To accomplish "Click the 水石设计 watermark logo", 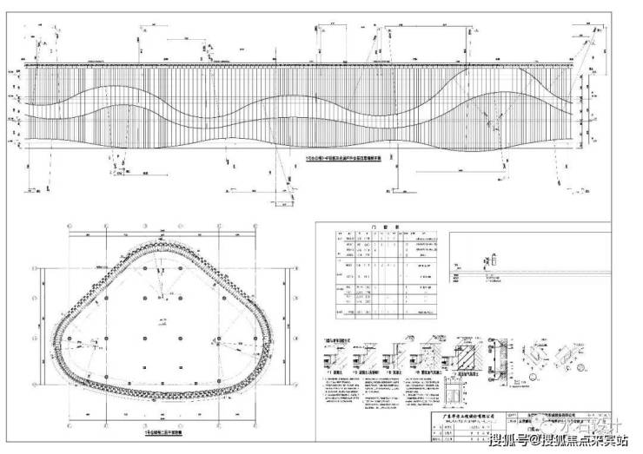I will tap(587, 425).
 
